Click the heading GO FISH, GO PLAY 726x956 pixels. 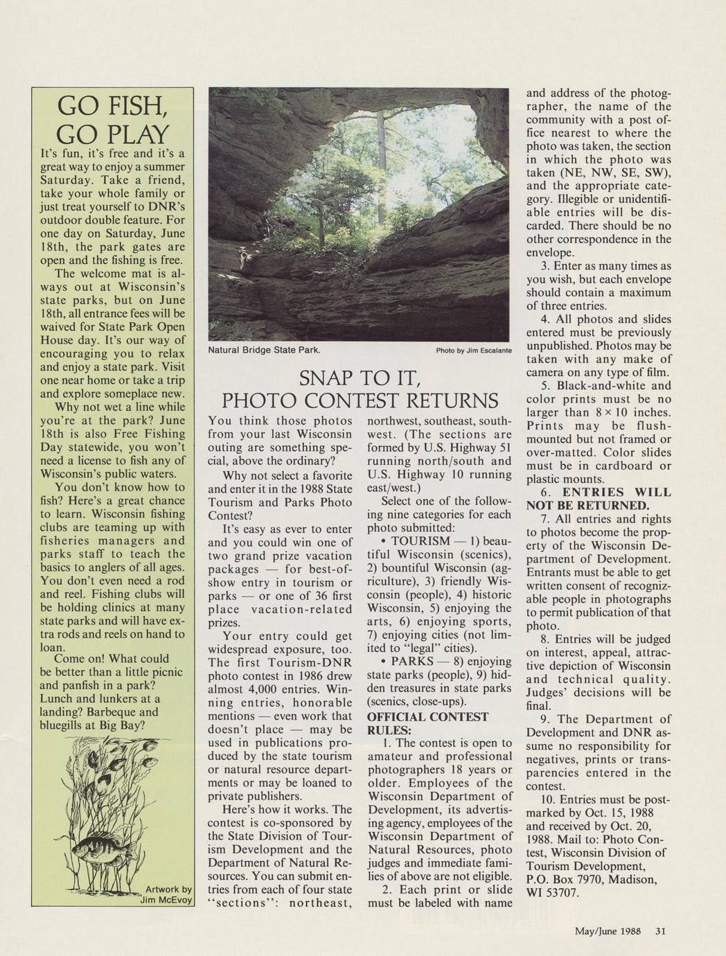(x=112, y=119)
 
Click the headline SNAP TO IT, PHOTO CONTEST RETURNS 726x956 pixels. (x=359, y=390)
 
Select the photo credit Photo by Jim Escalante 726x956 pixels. (x=473, y=351)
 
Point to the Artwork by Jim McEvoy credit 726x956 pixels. (x=167, y=894)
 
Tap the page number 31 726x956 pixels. (x=660, y=931)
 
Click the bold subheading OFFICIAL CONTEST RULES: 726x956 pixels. (x=427, y=723)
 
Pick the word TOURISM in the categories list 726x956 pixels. (x=420, y=540)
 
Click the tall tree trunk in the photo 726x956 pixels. (x=380, y=145)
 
